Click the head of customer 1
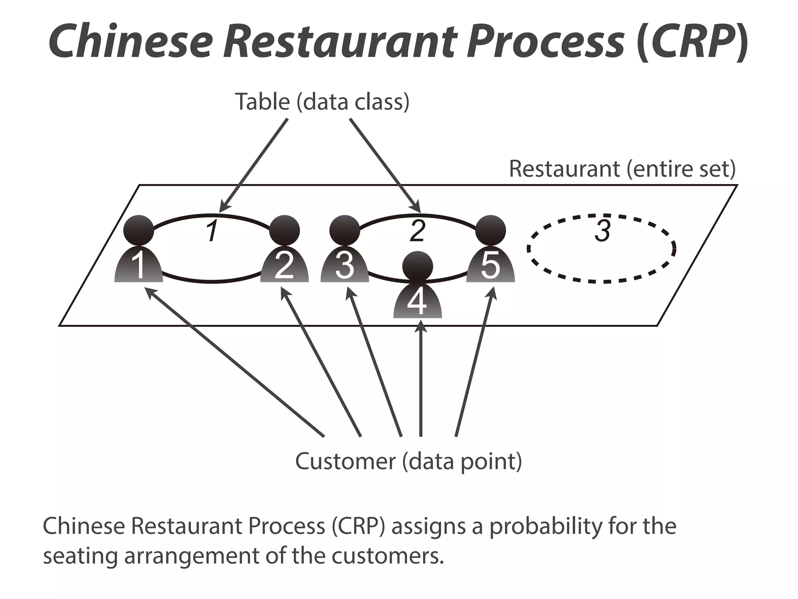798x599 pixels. coord(138,230)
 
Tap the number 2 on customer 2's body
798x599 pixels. coord(284,266)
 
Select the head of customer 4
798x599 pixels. coord(417,266)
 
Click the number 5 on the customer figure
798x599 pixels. coord(490,266)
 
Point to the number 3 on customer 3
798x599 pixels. coord(344,266)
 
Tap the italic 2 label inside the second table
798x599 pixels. coord(417,231)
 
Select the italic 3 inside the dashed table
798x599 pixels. coord(602,231)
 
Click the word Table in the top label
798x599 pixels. coord(262,102)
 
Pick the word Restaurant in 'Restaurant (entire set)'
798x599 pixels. coord(563,169)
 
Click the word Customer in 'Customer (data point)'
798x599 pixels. coord(345,461)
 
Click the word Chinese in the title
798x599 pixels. coord(131,41)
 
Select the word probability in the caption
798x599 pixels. coord(544,526)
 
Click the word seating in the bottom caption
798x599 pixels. coord(80,556)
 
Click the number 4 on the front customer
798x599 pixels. coord(417,302)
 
